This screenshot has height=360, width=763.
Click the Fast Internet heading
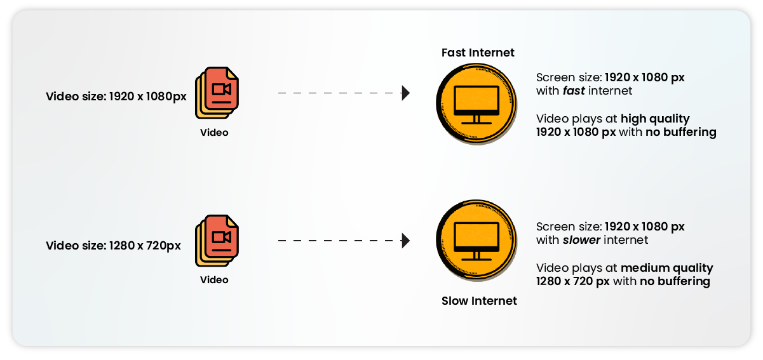coord(478,53)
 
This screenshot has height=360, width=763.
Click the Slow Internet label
coord(479,301)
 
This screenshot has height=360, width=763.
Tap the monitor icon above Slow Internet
coord(476,241)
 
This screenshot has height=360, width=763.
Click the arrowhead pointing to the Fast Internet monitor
coord(405,93)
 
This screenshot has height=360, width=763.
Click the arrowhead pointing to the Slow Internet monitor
coord(405,241)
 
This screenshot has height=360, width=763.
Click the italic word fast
coord(574,91)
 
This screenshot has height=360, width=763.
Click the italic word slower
coord(581,240)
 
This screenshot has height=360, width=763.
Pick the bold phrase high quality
coord(655,119)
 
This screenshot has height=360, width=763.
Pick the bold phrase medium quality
coord(666,268)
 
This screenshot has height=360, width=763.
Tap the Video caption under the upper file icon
coord(214,133)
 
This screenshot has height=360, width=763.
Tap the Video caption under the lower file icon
coord(214,280)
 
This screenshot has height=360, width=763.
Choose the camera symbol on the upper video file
coord(222,90)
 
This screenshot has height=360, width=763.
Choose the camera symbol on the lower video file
coord(222,237)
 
